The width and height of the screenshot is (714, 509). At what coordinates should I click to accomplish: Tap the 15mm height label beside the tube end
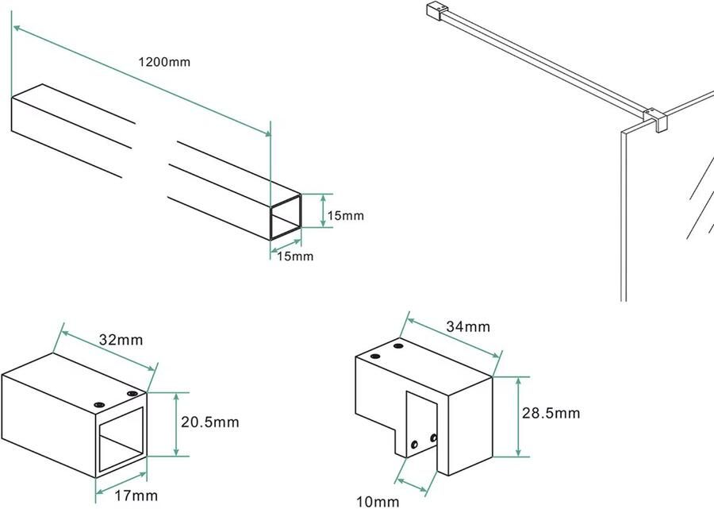345,215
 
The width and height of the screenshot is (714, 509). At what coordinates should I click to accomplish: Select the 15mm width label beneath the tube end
294,256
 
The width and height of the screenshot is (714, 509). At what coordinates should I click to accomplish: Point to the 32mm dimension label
121,340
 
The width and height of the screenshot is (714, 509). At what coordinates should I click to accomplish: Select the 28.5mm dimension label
551,413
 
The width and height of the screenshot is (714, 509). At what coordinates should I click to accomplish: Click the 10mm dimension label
378,501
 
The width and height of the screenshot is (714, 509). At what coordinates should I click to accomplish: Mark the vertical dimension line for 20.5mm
177,423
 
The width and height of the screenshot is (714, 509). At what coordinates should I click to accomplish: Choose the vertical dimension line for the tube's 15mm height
323,210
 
